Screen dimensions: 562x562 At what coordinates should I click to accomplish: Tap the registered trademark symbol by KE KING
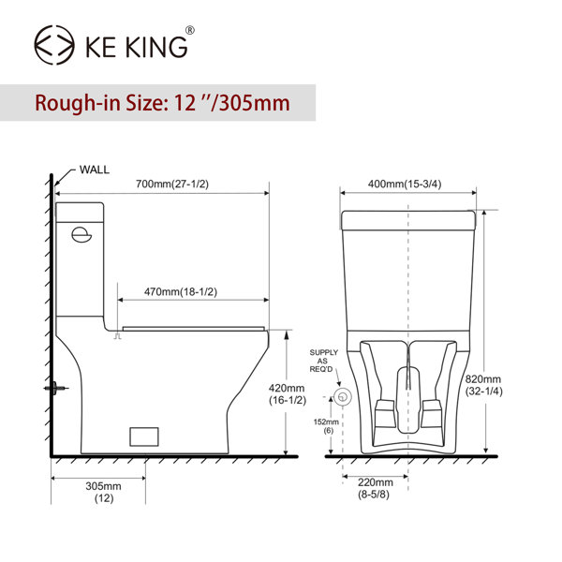point(190,30)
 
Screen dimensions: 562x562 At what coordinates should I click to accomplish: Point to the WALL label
point(95,170)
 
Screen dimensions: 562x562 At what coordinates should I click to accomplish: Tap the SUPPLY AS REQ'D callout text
point(323,362)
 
